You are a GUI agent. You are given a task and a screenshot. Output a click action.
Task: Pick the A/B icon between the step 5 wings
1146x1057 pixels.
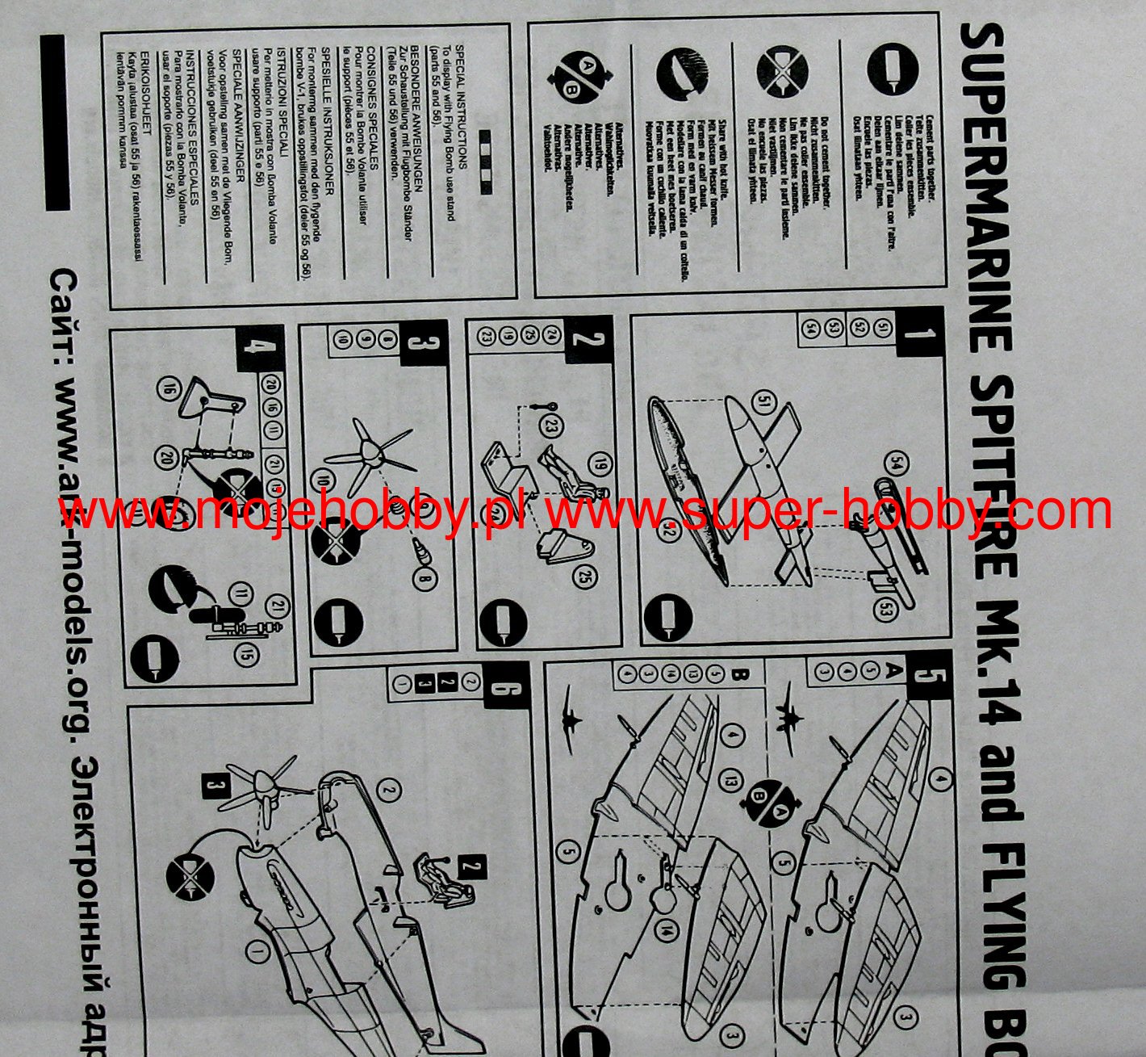(772, 799)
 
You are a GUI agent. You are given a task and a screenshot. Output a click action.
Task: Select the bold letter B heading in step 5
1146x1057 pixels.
(735, 673)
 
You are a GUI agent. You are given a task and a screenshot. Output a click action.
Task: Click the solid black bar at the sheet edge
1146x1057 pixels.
(56, 121)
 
